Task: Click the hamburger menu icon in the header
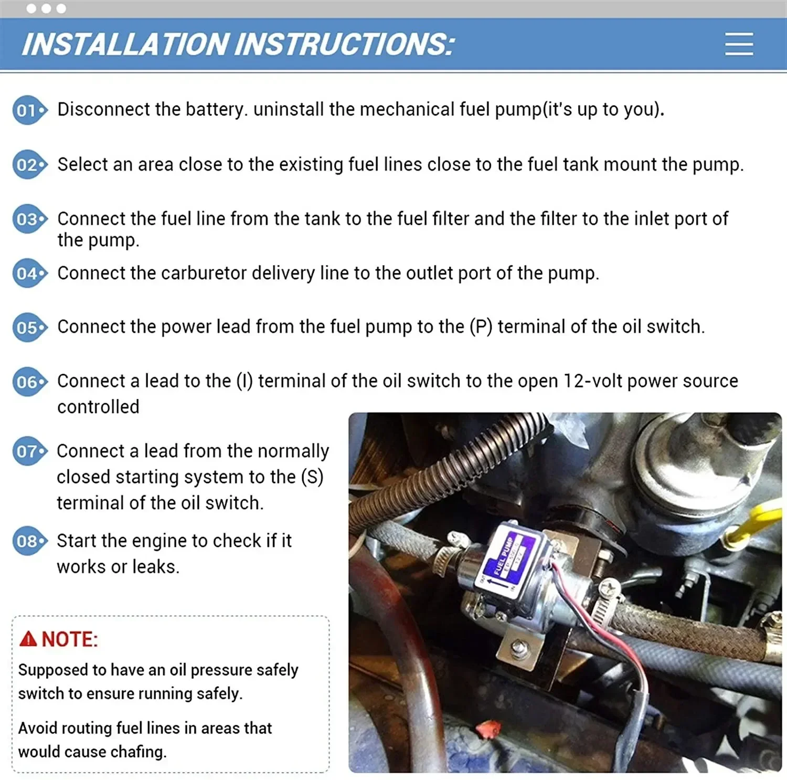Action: point(739,44)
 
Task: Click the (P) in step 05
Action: point(481,326)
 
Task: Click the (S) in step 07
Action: point(312,477)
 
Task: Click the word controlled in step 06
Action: point(98,407)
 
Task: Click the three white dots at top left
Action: point(46,8)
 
